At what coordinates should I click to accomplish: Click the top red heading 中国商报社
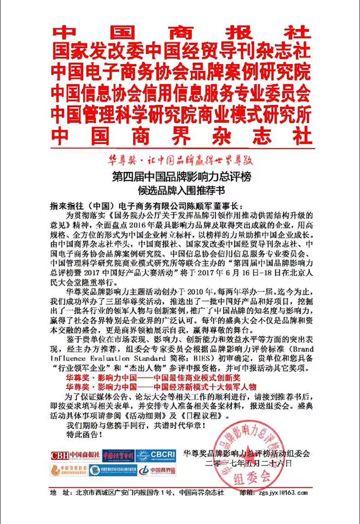(181, 33)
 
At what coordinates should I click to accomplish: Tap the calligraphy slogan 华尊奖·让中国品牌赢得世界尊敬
(181, 159)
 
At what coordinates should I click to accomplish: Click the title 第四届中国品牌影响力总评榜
(181, 177)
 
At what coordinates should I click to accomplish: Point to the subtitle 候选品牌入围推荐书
(181, 190)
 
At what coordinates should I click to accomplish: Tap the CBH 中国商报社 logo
(75, 455)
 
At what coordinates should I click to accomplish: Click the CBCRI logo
(156, 455)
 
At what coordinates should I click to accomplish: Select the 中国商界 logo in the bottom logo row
(157, 470)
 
